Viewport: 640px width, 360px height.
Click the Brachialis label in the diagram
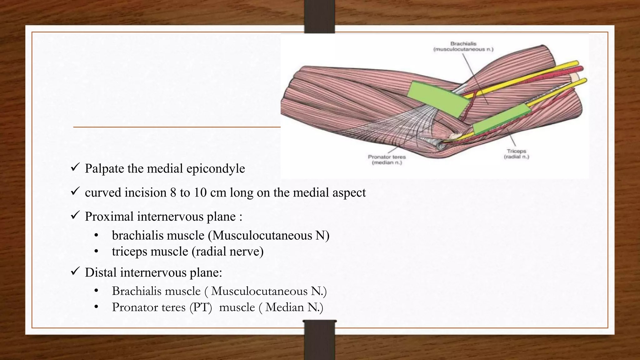463,44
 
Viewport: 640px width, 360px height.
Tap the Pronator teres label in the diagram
387,157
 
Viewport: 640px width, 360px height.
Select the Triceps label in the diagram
516,151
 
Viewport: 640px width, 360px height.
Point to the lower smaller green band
501,119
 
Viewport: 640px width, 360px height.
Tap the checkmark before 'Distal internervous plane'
75,271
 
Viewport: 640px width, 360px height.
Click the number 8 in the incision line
173,192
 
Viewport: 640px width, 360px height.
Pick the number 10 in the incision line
200,192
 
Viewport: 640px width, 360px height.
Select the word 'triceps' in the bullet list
128,252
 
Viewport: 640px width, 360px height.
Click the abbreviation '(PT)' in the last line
201,307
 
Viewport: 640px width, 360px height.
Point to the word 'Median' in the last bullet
284,307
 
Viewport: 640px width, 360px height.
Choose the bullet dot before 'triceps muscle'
96,252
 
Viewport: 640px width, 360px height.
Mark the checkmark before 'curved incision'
75,191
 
